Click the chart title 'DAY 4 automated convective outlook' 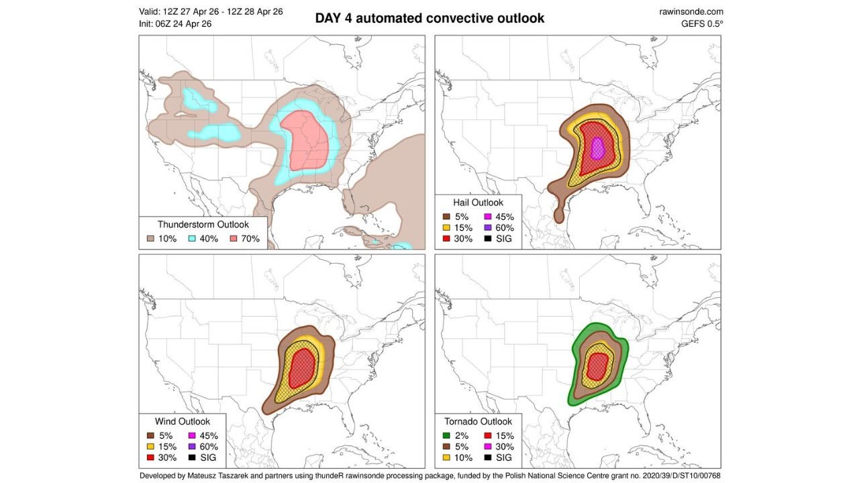click(x=429, y=19)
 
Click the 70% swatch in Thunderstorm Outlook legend click(x=234, y=239)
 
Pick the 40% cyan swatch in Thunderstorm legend click(x=192, y=239)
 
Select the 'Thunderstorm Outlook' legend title click(x=203, y=225)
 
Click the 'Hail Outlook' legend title click(x=478, y=203)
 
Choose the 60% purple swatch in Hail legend click(x=488, y=227)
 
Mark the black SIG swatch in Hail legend click(x=488, y=239)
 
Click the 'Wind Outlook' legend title click(x=182, y=421)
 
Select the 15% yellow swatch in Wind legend click(x=151, y=446)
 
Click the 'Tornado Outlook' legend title click(x=478, y=421)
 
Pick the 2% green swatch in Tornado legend click(x=448, y=435)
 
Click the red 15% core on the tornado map click(x=597, y=366)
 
